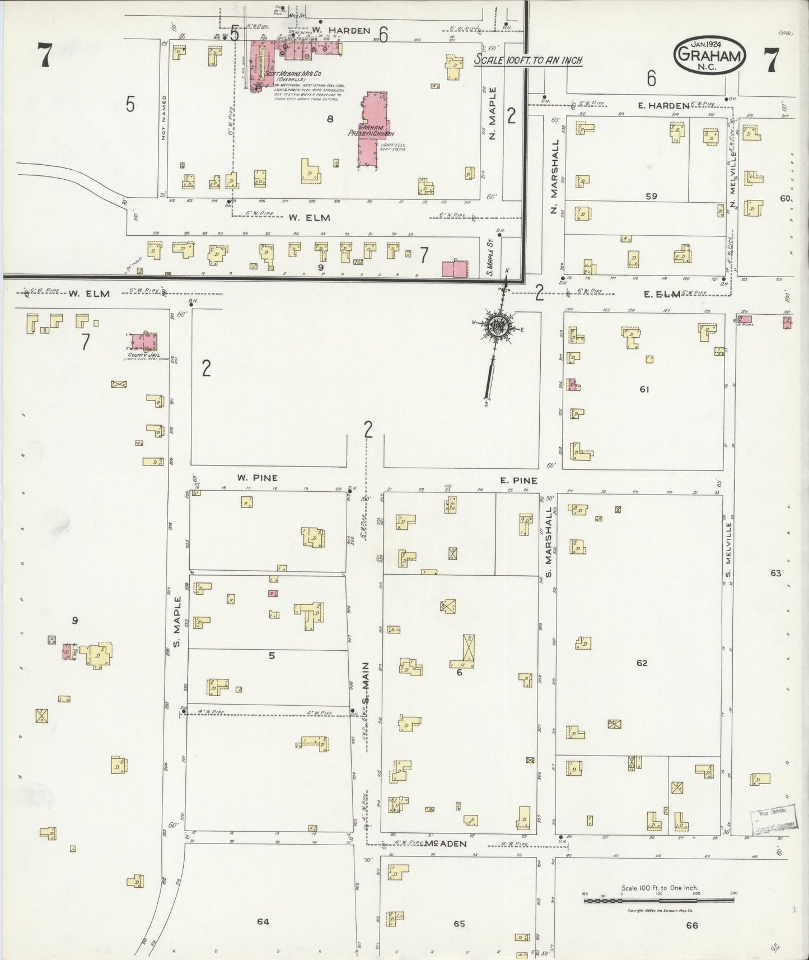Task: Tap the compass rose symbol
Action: [x=497, y=329]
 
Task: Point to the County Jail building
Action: [x=143, y=342]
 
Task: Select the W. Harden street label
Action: [x=341, y=31]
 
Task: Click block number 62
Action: [x=642, y=663]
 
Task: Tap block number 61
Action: [x=644, y=389]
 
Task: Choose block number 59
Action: [x=651, y=196]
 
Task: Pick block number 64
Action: [x=263, y=921]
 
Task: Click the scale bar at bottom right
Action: [x=658, y=901]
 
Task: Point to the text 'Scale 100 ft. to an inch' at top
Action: [x=528, y=60]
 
